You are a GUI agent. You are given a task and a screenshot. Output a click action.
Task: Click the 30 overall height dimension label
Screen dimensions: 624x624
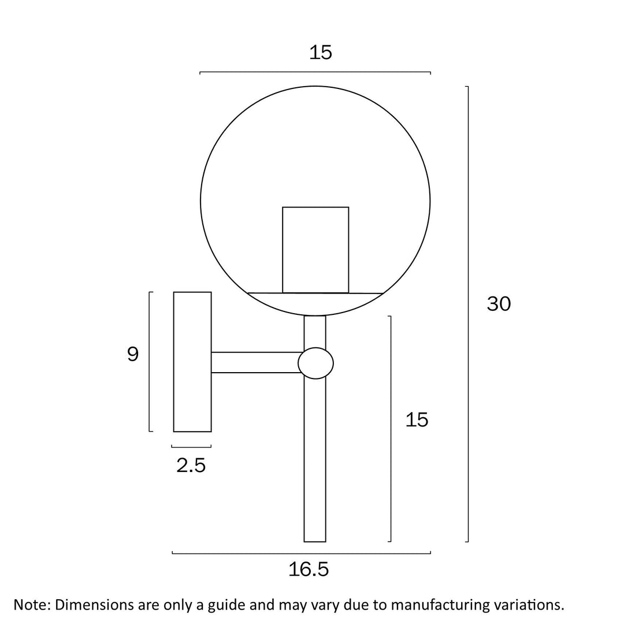tap(499, 304)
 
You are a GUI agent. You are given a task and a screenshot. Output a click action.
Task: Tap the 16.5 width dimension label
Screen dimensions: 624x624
tap(309, 569)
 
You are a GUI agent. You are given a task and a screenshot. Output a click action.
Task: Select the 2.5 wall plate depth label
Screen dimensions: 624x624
tap(191, 465)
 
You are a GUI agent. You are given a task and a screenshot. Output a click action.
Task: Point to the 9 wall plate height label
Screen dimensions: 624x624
tap(133, 354)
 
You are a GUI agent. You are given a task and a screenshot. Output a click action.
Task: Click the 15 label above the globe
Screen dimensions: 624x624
tap(320, 53)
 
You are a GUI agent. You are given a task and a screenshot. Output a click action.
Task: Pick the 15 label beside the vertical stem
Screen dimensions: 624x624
tap(417, 420)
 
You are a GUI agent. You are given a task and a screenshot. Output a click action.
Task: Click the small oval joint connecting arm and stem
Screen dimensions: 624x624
tap(315, 363)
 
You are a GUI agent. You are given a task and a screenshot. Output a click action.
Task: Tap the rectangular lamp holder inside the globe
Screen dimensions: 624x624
tap(315, 250)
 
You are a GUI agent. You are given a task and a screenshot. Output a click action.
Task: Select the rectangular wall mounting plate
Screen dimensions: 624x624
tap(192, 362)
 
